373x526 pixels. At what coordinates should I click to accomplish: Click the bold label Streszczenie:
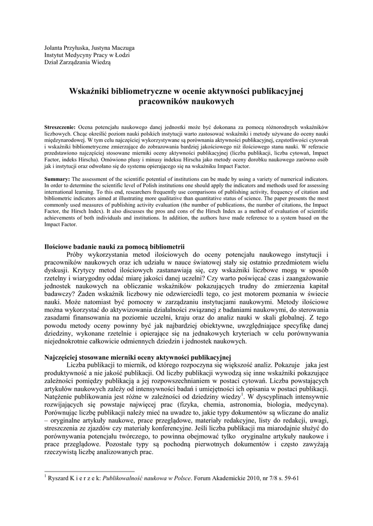(60, 127)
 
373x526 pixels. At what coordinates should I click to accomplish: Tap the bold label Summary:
(57, 178)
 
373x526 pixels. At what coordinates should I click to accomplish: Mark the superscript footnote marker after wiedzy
(242, 394)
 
